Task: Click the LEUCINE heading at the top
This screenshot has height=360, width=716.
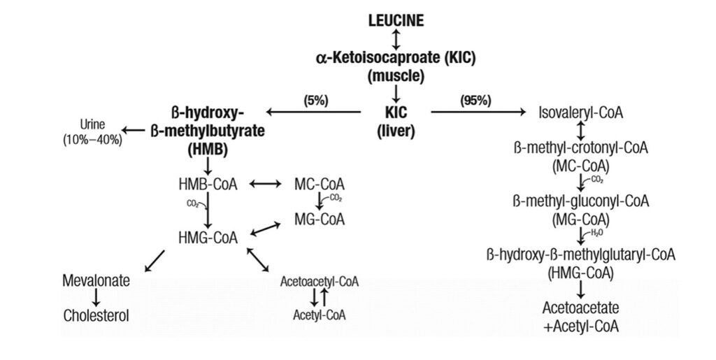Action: (x=396, y=20)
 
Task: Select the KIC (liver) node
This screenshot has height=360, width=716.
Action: (x=396, y=120)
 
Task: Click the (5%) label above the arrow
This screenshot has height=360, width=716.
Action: (x=315, y=100)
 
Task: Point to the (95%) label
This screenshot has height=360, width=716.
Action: (x=475, y=100)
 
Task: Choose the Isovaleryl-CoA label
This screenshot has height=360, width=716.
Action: (x=581, y=112)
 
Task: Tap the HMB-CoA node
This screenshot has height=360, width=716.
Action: (x=208, y=185)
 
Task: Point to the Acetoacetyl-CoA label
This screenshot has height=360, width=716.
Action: (x=319, y=282)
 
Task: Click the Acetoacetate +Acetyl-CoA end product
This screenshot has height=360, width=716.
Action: (x=581, y=317)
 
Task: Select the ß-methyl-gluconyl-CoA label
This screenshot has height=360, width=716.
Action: (x=581, y=201)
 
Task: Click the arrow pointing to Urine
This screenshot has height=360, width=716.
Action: (x=134, y=130)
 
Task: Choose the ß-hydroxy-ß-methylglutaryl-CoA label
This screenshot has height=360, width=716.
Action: (x=581, y=254)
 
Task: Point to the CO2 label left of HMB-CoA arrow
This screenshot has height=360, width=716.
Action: (x=192, y=204)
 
